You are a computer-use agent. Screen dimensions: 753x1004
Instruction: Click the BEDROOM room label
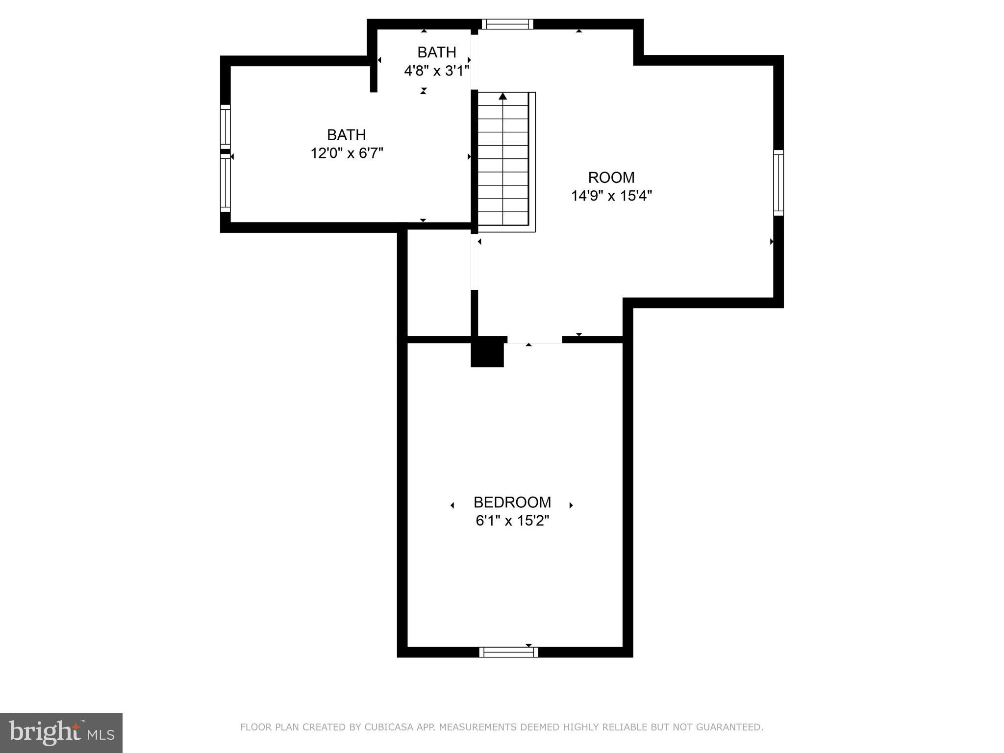pos(512,502)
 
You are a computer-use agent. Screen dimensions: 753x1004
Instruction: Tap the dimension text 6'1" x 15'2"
pos(512,521)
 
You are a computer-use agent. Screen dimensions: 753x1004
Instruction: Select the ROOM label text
pos(611,177)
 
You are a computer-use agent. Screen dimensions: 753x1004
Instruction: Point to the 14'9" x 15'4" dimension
pos(611,196)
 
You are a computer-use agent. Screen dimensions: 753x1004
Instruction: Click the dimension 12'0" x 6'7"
pos(347,153)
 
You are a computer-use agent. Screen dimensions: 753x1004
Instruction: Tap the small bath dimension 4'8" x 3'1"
pos(436,71)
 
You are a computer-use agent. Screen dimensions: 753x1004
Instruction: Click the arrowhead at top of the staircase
pos(502,96)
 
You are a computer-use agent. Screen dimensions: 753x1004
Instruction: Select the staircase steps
pos(503,162)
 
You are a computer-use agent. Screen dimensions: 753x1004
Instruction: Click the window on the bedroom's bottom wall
pos(508,652)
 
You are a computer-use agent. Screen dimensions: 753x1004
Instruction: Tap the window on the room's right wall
pos(778,183)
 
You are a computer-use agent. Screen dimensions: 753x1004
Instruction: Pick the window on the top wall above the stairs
pos(507,25)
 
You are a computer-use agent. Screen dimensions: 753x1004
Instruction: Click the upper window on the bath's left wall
pos(225,126)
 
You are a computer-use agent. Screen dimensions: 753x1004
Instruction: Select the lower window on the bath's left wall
pos(225,183)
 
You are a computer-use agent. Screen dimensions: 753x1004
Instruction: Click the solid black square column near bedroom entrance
pos(487,352)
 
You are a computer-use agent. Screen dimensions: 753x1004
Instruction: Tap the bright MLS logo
pos(61,732)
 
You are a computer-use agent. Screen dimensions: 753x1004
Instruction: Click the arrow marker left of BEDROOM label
pos(452,505)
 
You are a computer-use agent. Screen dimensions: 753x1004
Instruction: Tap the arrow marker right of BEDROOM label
pos(571,505)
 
